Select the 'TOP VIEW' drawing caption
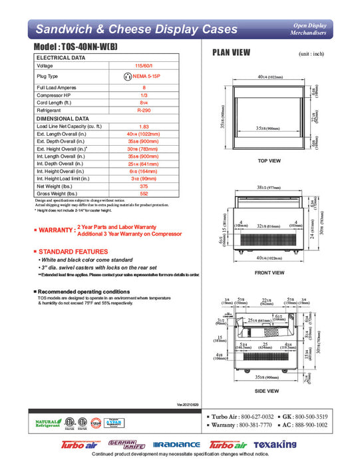click(270, 161)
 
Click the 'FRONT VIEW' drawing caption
click(270, 273)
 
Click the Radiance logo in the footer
click(176, 444)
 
